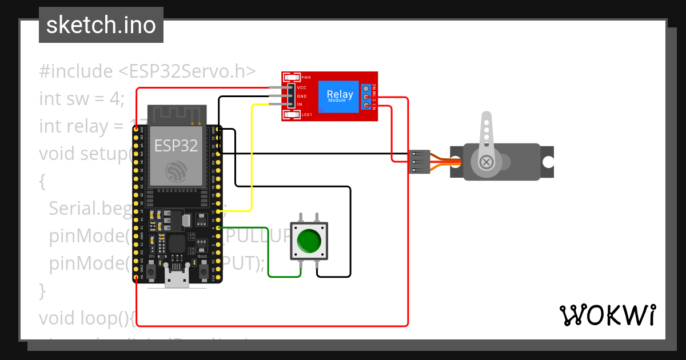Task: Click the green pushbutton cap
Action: [309, 241]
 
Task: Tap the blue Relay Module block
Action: [339, 96]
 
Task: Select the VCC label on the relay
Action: [301, 87]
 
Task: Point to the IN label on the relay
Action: [299, 105]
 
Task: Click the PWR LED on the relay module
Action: [292, 77]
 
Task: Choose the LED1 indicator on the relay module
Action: [292, 115]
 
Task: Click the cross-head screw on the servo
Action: [486, 162]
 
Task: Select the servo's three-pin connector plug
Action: [420, 162]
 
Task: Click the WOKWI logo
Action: [607, 315]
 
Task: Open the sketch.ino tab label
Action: [101, 25]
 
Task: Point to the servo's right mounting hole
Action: [548, 162]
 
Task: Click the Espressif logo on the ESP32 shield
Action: [176, 171]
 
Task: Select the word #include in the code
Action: [76, 71]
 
